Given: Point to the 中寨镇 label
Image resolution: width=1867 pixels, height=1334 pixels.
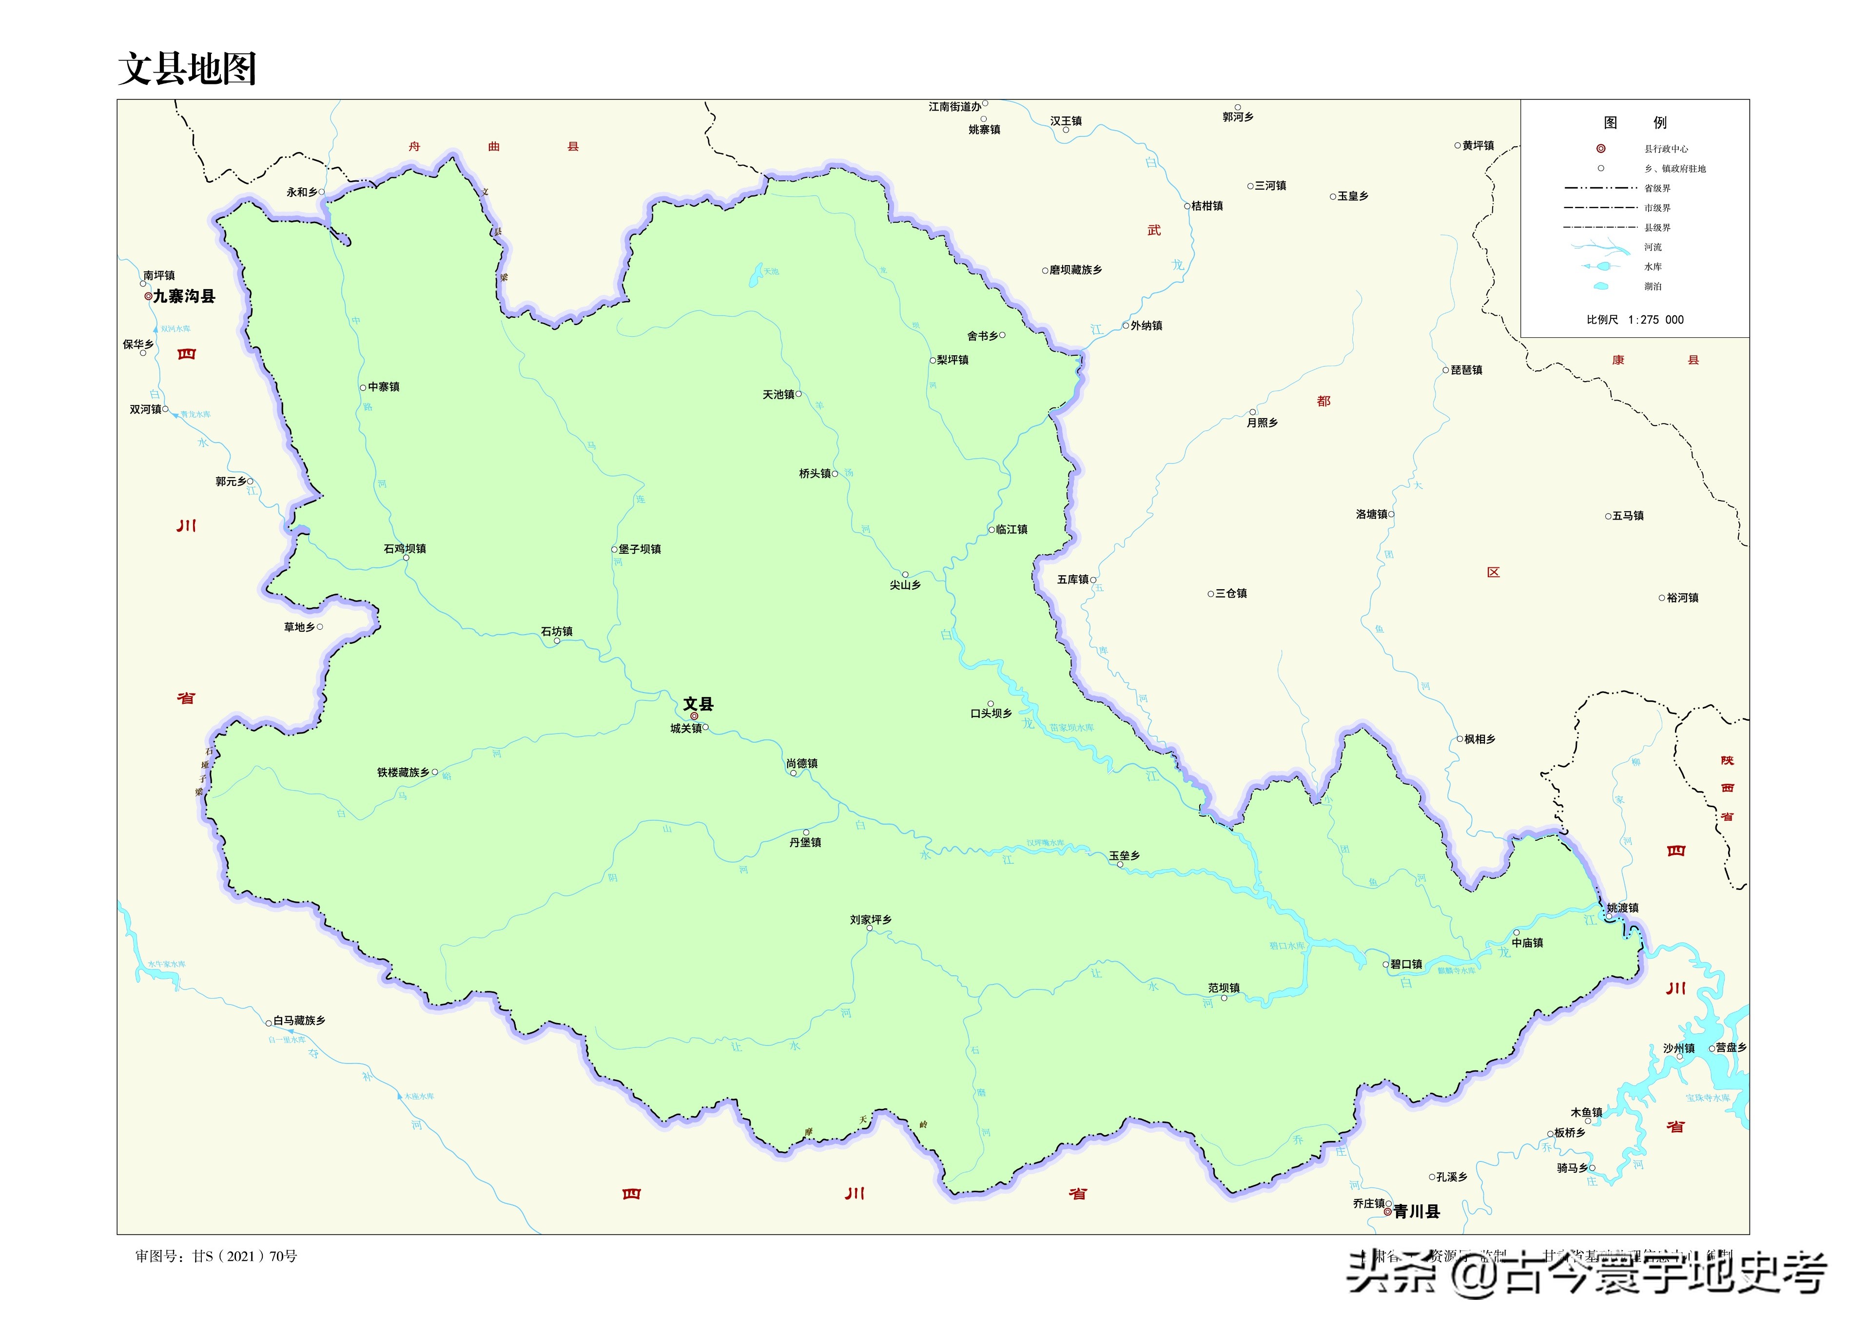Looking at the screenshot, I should (x=384, y=387).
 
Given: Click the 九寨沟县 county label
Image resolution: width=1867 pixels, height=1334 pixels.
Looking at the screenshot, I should (x=184, y=296).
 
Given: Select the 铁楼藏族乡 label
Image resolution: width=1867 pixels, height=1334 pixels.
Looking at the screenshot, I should (x=403, y=772).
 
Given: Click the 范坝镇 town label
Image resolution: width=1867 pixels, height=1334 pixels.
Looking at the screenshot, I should (x=1224, y=988).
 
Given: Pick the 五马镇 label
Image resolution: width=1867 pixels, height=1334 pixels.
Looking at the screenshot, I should (x=1628, y=516).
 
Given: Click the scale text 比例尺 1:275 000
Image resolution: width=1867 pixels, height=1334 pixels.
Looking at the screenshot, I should (x=1634, y=320).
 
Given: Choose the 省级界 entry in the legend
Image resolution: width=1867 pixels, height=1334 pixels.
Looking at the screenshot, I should (x=1657, y=188).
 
